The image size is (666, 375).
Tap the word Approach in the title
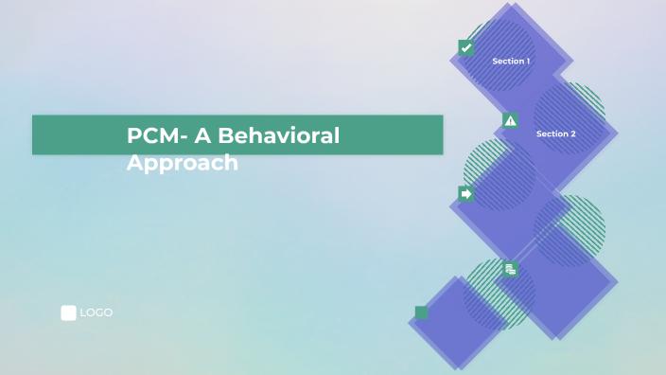pos(182,163)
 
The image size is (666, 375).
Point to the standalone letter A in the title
pos(202,135)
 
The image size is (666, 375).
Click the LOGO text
pos(96,312)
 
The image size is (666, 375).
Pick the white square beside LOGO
pos(68,312)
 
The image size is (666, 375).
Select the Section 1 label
pos(511,61)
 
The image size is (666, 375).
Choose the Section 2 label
pos(555,134)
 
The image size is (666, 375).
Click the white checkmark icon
pos(465,47)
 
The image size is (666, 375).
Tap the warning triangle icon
pos(511,120)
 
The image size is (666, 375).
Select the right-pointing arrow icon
pos(465,193)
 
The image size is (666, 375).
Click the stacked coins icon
pos(511,269)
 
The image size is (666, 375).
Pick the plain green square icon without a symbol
pos(422,312)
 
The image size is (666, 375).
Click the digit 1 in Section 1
pos(527,61)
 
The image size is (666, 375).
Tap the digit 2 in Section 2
pos(572,134)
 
